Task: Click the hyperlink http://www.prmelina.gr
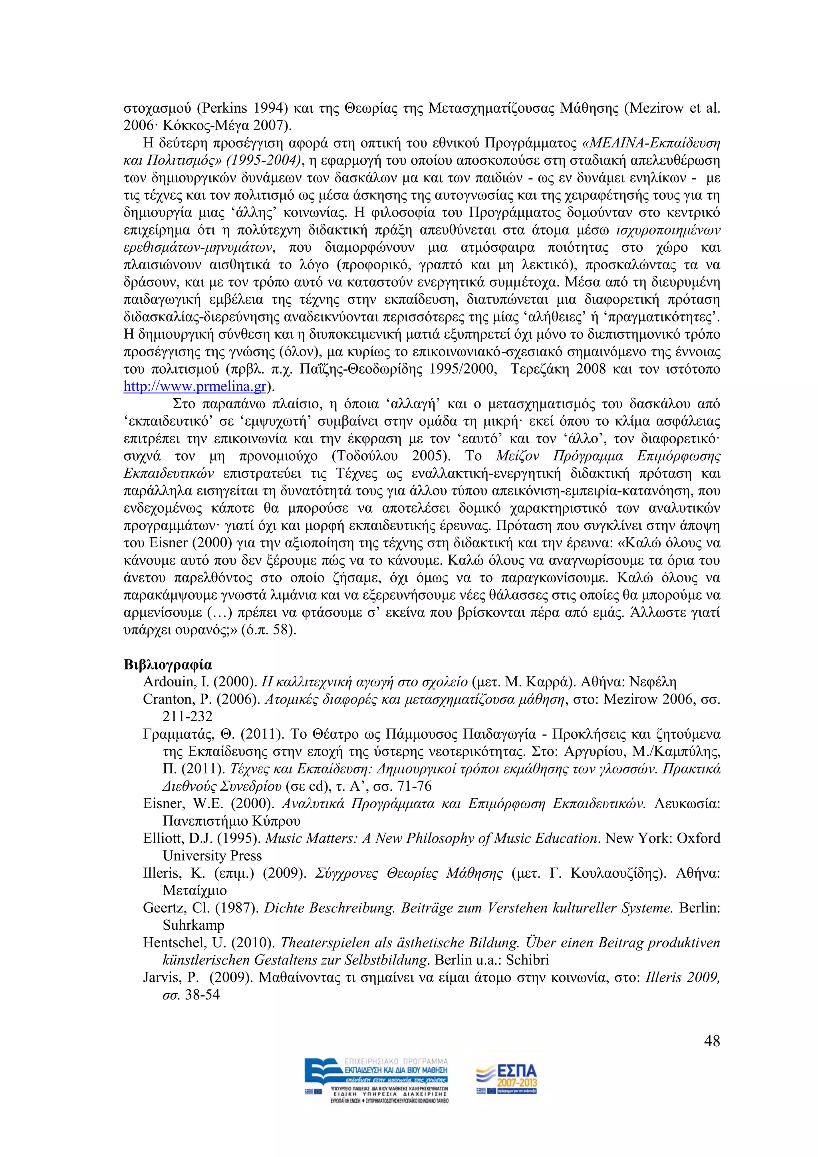195,386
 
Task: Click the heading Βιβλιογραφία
168,665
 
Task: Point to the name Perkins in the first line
224,108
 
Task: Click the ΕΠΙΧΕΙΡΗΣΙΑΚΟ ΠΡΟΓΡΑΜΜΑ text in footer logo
396,1061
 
